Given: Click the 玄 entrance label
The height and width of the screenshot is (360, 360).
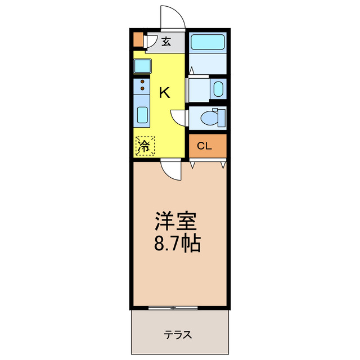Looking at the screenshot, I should [x=166, y=41].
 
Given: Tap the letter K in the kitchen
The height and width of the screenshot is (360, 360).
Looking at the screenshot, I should [x=164, y=93].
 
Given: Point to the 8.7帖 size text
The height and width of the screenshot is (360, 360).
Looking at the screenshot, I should [x=175, y=244].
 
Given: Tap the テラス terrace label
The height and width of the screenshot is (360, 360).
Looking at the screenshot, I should [x=178, y=335].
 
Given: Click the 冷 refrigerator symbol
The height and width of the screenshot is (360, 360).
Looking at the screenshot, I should [x=145, y=147].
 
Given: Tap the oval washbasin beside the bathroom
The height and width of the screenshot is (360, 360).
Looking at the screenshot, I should [x=219, y=89].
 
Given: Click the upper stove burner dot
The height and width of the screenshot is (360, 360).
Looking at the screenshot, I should [x=143, y=82].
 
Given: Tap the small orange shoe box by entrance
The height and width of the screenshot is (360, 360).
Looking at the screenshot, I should [x=138, y=39].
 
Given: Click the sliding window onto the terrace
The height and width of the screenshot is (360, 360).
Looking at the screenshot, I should [x=173, y=308].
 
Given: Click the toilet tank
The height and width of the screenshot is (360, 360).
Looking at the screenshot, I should [x=222, y=118].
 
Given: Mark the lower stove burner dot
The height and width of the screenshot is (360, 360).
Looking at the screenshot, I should [x=143, y=89].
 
